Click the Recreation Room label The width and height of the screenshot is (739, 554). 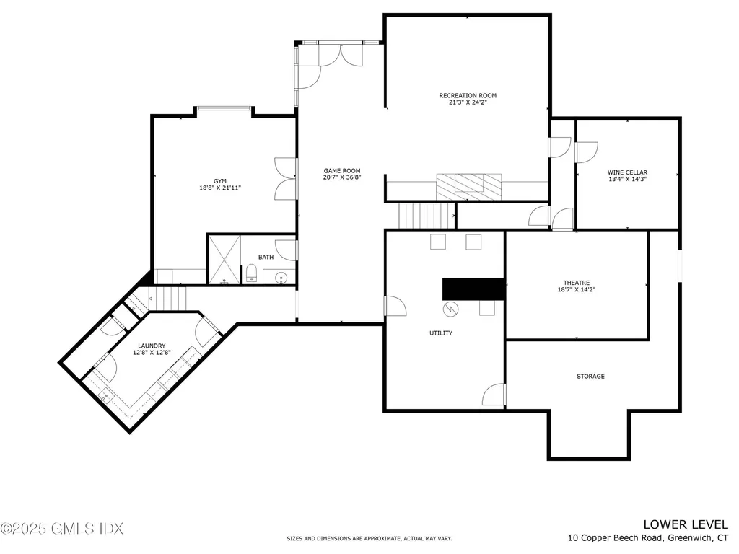click(468, 95)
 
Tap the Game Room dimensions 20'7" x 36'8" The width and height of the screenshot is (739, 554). click(342, 177)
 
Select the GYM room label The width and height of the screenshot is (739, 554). click(219, 180)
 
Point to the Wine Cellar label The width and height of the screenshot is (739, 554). click(627, 172)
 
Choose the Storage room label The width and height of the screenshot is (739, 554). click(590, 377)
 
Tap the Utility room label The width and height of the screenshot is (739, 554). click(440, 333)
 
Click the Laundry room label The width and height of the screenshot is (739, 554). click(152, 346)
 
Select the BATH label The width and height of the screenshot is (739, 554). click(266, 257)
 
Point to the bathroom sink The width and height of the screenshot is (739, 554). click(281, 277)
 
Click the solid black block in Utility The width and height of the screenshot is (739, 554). click(473, 289)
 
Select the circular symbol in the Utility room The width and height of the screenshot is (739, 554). click(451, 309)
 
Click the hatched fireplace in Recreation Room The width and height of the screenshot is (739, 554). click(468, 188)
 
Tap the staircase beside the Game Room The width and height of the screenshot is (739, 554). click(419, 214)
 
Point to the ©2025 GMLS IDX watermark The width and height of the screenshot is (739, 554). click(62, 529)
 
